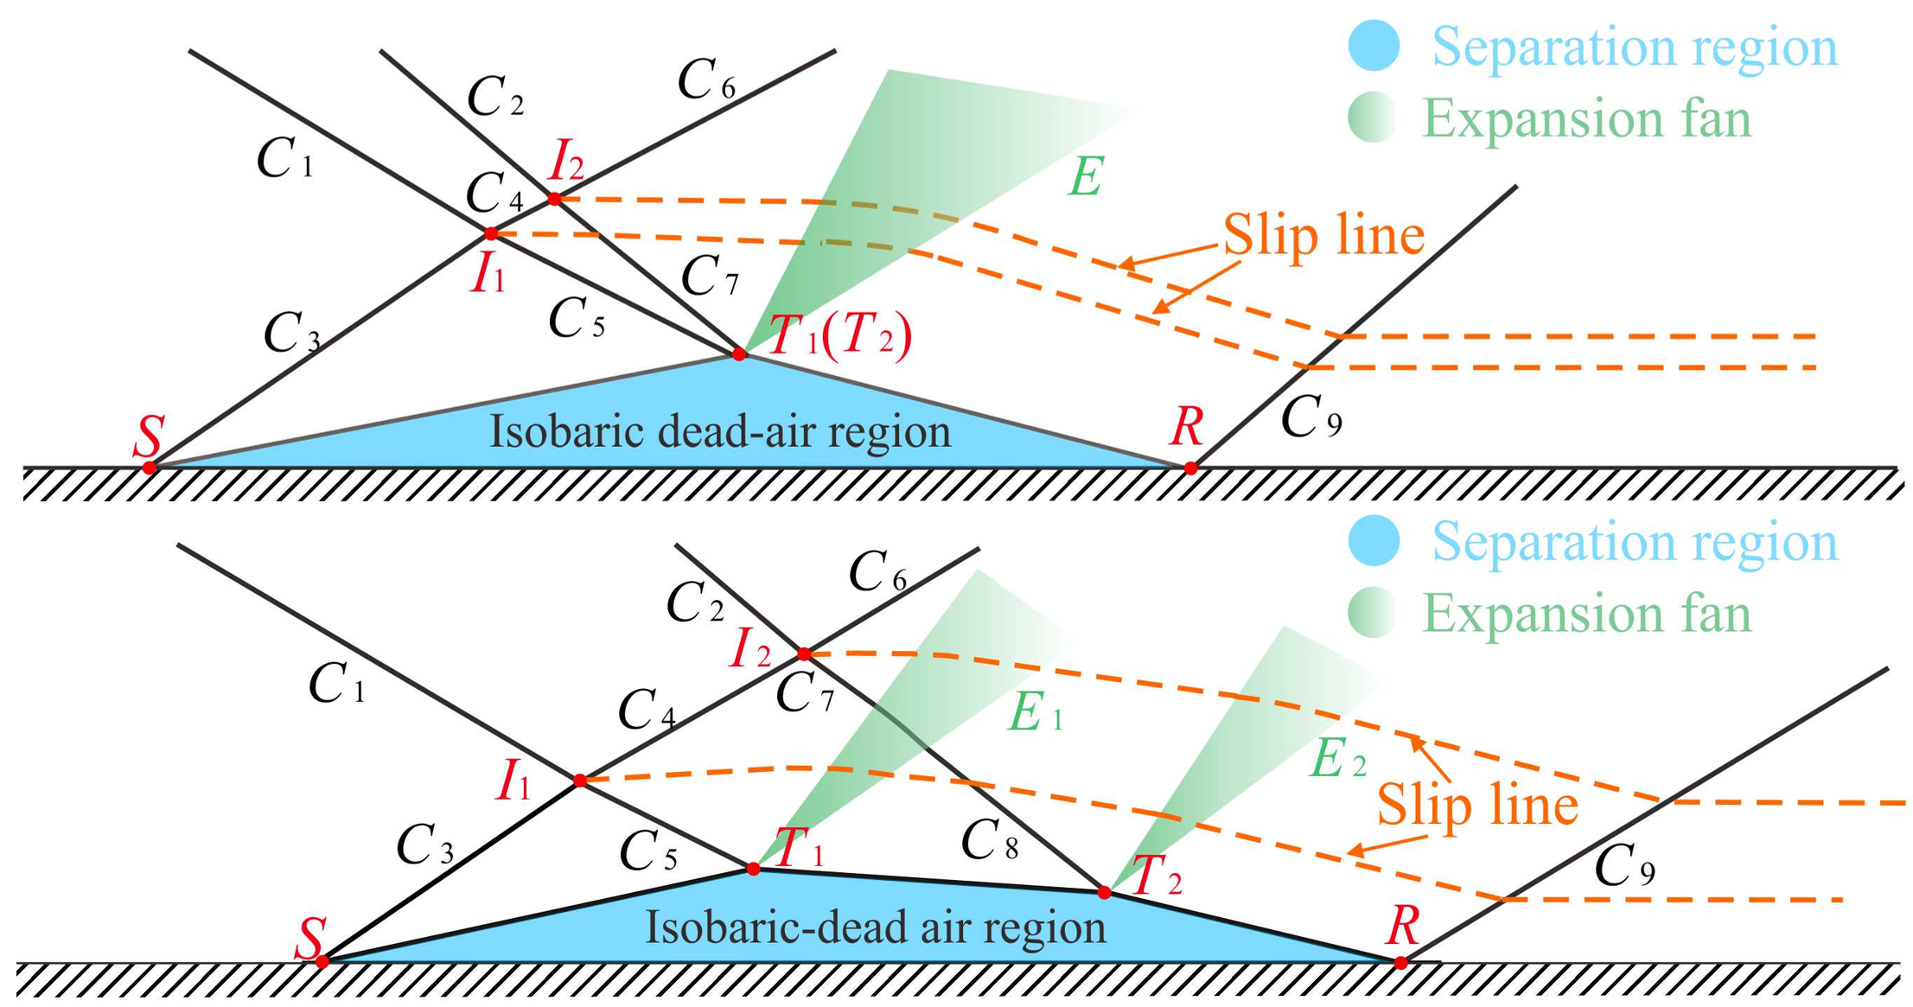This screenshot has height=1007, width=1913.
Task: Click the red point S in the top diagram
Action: pyautogui.click(x=150, y=468)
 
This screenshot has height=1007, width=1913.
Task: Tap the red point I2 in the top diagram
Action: pyautogui.click(x=555, y=199)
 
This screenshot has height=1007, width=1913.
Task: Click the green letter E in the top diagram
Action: pyautogui.click(x=1086, y=177)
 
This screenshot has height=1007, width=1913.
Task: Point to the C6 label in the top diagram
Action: pyautogui.click(x=705, y=81)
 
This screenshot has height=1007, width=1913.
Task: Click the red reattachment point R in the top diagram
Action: pyautogui.click(x=1190, y=468)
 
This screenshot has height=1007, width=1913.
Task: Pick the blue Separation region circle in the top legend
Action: pyautogui.click(x=1374, y=45)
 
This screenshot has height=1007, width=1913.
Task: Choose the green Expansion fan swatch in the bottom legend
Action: pyautogui.click(x=1373, y=613)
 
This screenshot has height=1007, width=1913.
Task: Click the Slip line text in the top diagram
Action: pyautogui.click(x=1323, y=235)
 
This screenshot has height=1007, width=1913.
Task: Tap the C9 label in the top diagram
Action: pyautogui.click(x=1310, y=418)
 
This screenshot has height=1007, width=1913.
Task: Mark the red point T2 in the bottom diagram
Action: pyautogui.click(x=1104, y=892)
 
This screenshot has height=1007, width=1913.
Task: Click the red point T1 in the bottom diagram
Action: pyautogui.click(x=753, y=869)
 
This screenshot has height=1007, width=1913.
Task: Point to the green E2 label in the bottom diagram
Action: pyautogui.click(x=1337, y=761)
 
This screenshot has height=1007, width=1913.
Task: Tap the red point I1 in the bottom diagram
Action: pyautogui.click(x=580, y=781)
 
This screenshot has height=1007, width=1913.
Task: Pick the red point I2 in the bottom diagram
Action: pyautogui.click(x=804, y=653)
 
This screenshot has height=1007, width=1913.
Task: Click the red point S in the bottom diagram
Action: pyautogui.click(x=322, y=961)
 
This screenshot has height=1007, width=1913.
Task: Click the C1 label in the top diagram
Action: pyautogui.click(x=284, y=160)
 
